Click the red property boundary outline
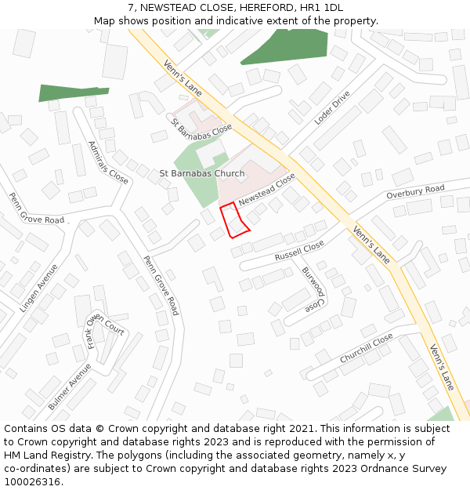234,220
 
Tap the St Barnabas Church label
202,173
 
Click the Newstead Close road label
267,191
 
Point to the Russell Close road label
299,251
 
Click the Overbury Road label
415,192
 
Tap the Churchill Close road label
366,348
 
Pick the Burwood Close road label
313,288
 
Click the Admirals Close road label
108,162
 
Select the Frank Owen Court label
105,332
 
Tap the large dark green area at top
285,45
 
